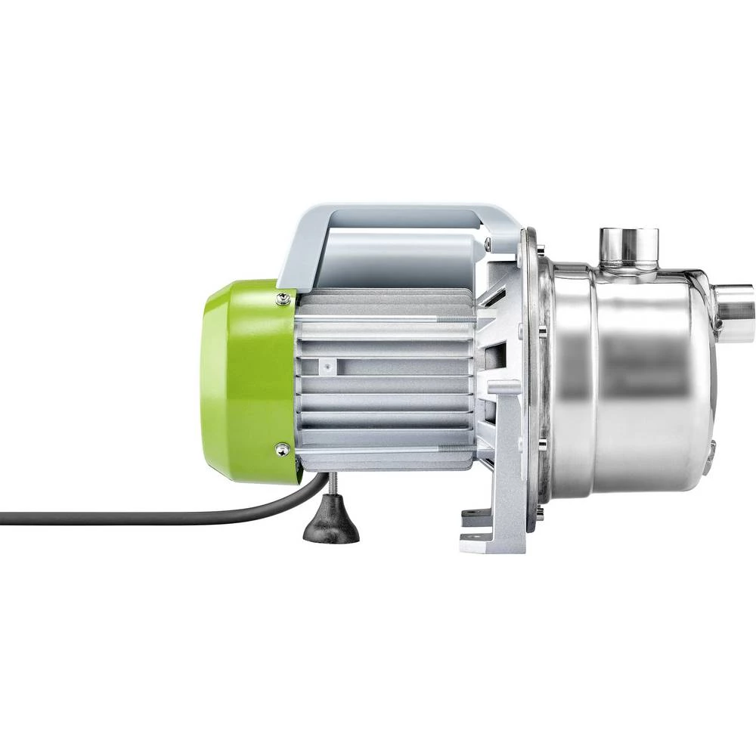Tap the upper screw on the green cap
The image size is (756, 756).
pyautogui.click(x=283, y=299)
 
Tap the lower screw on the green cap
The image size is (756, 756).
pyautogui.click(x=282, y=449)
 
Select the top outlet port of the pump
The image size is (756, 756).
pyautogui.click(x=628, y=246)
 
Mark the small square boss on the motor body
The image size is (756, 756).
pyautogui.click(x=327, y=365)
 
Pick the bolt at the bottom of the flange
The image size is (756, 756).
pyautogui.click(x=539, y=514)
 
